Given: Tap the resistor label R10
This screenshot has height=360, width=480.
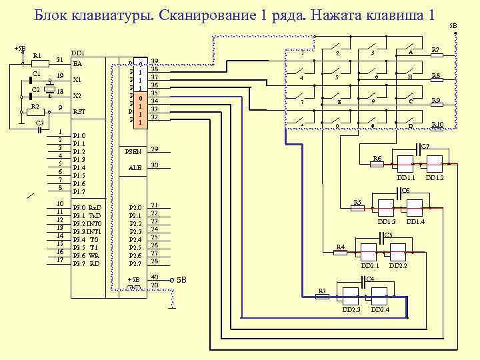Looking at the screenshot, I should point(437,125).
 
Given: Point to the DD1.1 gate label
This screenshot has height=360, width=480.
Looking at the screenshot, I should point(405,178).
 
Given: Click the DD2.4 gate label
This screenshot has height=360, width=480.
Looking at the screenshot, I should point(381,310).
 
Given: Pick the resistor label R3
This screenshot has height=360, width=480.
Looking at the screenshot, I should point(321,291).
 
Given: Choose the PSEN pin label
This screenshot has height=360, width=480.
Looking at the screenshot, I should point(133,151).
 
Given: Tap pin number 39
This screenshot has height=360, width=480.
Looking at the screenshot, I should point(155,61).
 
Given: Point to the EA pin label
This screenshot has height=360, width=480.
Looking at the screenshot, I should point(77,65).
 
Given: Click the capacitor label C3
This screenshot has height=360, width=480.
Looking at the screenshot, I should point(39,123).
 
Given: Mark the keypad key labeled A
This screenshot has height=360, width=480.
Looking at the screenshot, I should point(411,53).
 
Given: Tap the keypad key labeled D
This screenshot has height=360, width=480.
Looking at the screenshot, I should point(411,125).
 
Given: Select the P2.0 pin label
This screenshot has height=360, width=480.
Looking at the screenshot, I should point(135,208).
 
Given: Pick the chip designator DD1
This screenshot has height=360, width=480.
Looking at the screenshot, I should point(77,53).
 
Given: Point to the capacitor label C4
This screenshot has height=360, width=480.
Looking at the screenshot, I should point(370,277).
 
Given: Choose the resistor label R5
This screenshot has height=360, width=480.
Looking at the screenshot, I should point(357,202).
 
